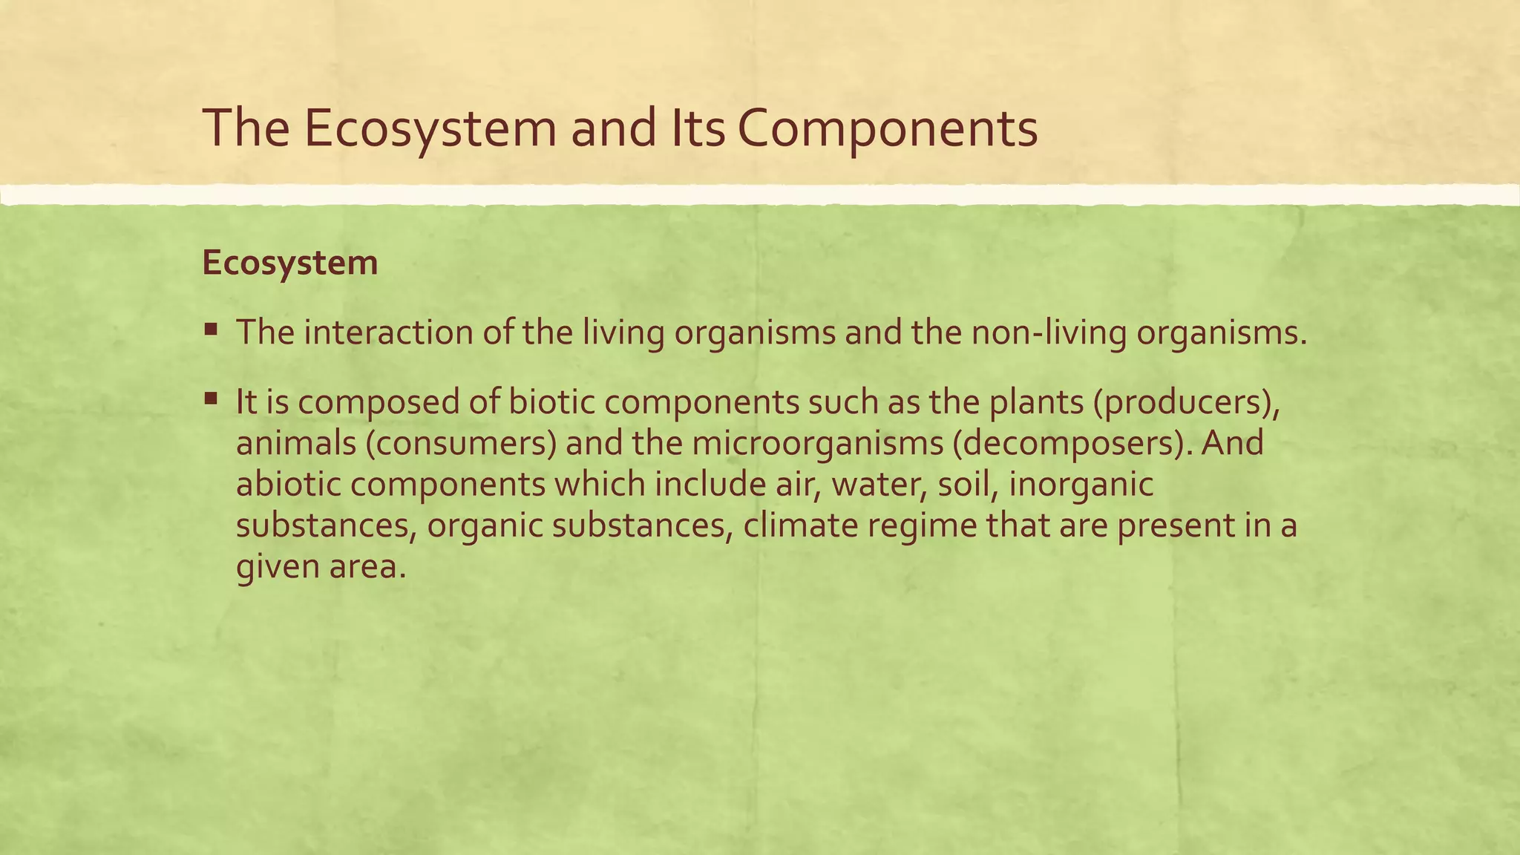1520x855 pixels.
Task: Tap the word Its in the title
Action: point(698,128)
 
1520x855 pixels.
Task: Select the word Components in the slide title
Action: point(888,128)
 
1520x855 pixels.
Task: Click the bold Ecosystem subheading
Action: point(289,263)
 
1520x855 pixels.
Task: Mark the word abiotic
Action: point(288,484)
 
